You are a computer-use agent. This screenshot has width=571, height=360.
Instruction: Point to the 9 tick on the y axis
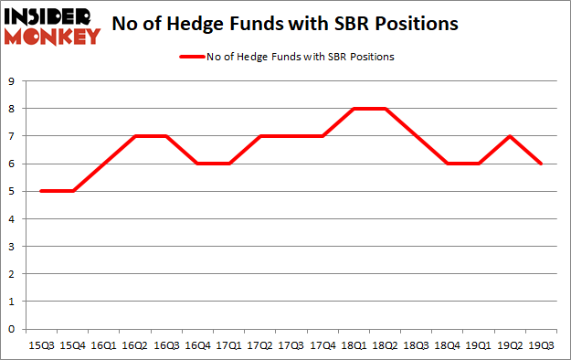(12, 81)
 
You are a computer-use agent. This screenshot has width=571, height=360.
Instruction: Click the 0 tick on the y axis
(12, 329)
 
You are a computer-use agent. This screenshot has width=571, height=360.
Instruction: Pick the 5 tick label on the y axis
(12, 191)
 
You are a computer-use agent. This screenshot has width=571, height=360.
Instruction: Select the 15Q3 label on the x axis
(40, 346)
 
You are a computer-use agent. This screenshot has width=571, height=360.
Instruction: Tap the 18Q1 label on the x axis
(353, 346)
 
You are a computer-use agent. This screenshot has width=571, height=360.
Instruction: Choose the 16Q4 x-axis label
(196, 346)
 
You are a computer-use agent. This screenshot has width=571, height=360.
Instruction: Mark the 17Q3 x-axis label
(291, 346)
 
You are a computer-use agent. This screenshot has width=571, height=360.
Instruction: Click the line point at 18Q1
(353, 109)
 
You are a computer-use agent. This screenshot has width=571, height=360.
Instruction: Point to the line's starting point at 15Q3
(40, 191)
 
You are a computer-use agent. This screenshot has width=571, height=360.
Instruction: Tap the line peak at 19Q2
(509, 136)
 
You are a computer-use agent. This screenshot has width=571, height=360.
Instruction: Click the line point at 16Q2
(134, 136)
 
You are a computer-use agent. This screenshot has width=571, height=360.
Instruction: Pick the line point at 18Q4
(447, 164)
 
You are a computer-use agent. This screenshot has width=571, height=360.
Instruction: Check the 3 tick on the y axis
(12, 247)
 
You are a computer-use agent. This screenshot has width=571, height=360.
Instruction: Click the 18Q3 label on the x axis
(416, 346)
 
